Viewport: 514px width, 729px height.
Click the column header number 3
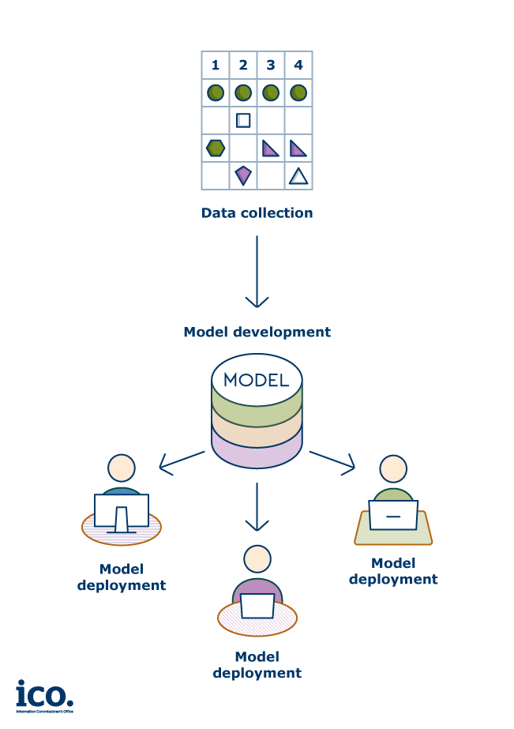(271, 65)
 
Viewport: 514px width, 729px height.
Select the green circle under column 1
(216, 92)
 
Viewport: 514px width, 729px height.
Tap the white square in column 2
(243, 120)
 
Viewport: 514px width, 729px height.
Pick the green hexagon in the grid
(216, 148)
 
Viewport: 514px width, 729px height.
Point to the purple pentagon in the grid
(243, 175)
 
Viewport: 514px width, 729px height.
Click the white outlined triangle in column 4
(298, 175)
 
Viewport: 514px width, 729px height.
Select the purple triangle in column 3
(270, 148)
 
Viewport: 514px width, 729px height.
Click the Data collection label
(257, 213)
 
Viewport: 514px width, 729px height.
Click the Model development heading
(257, 332)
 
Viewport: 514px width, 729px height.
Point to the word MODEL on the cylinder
(257, 380)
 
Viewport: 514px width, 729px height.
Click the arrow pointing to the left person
(181, 461)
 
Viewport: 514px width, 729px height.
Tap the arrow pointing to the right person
(332, 462)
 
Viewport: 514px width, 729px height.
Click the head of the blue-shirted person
(122, 468)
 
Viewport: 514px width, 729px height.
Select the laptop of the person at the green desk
(392, 515)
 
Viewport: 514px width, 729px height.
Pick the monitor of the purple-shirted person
(257, 606)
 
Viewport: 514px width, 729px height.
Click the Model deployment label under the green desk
(392, 571)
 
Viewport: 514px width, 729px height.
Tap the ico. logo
(44, 695)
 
